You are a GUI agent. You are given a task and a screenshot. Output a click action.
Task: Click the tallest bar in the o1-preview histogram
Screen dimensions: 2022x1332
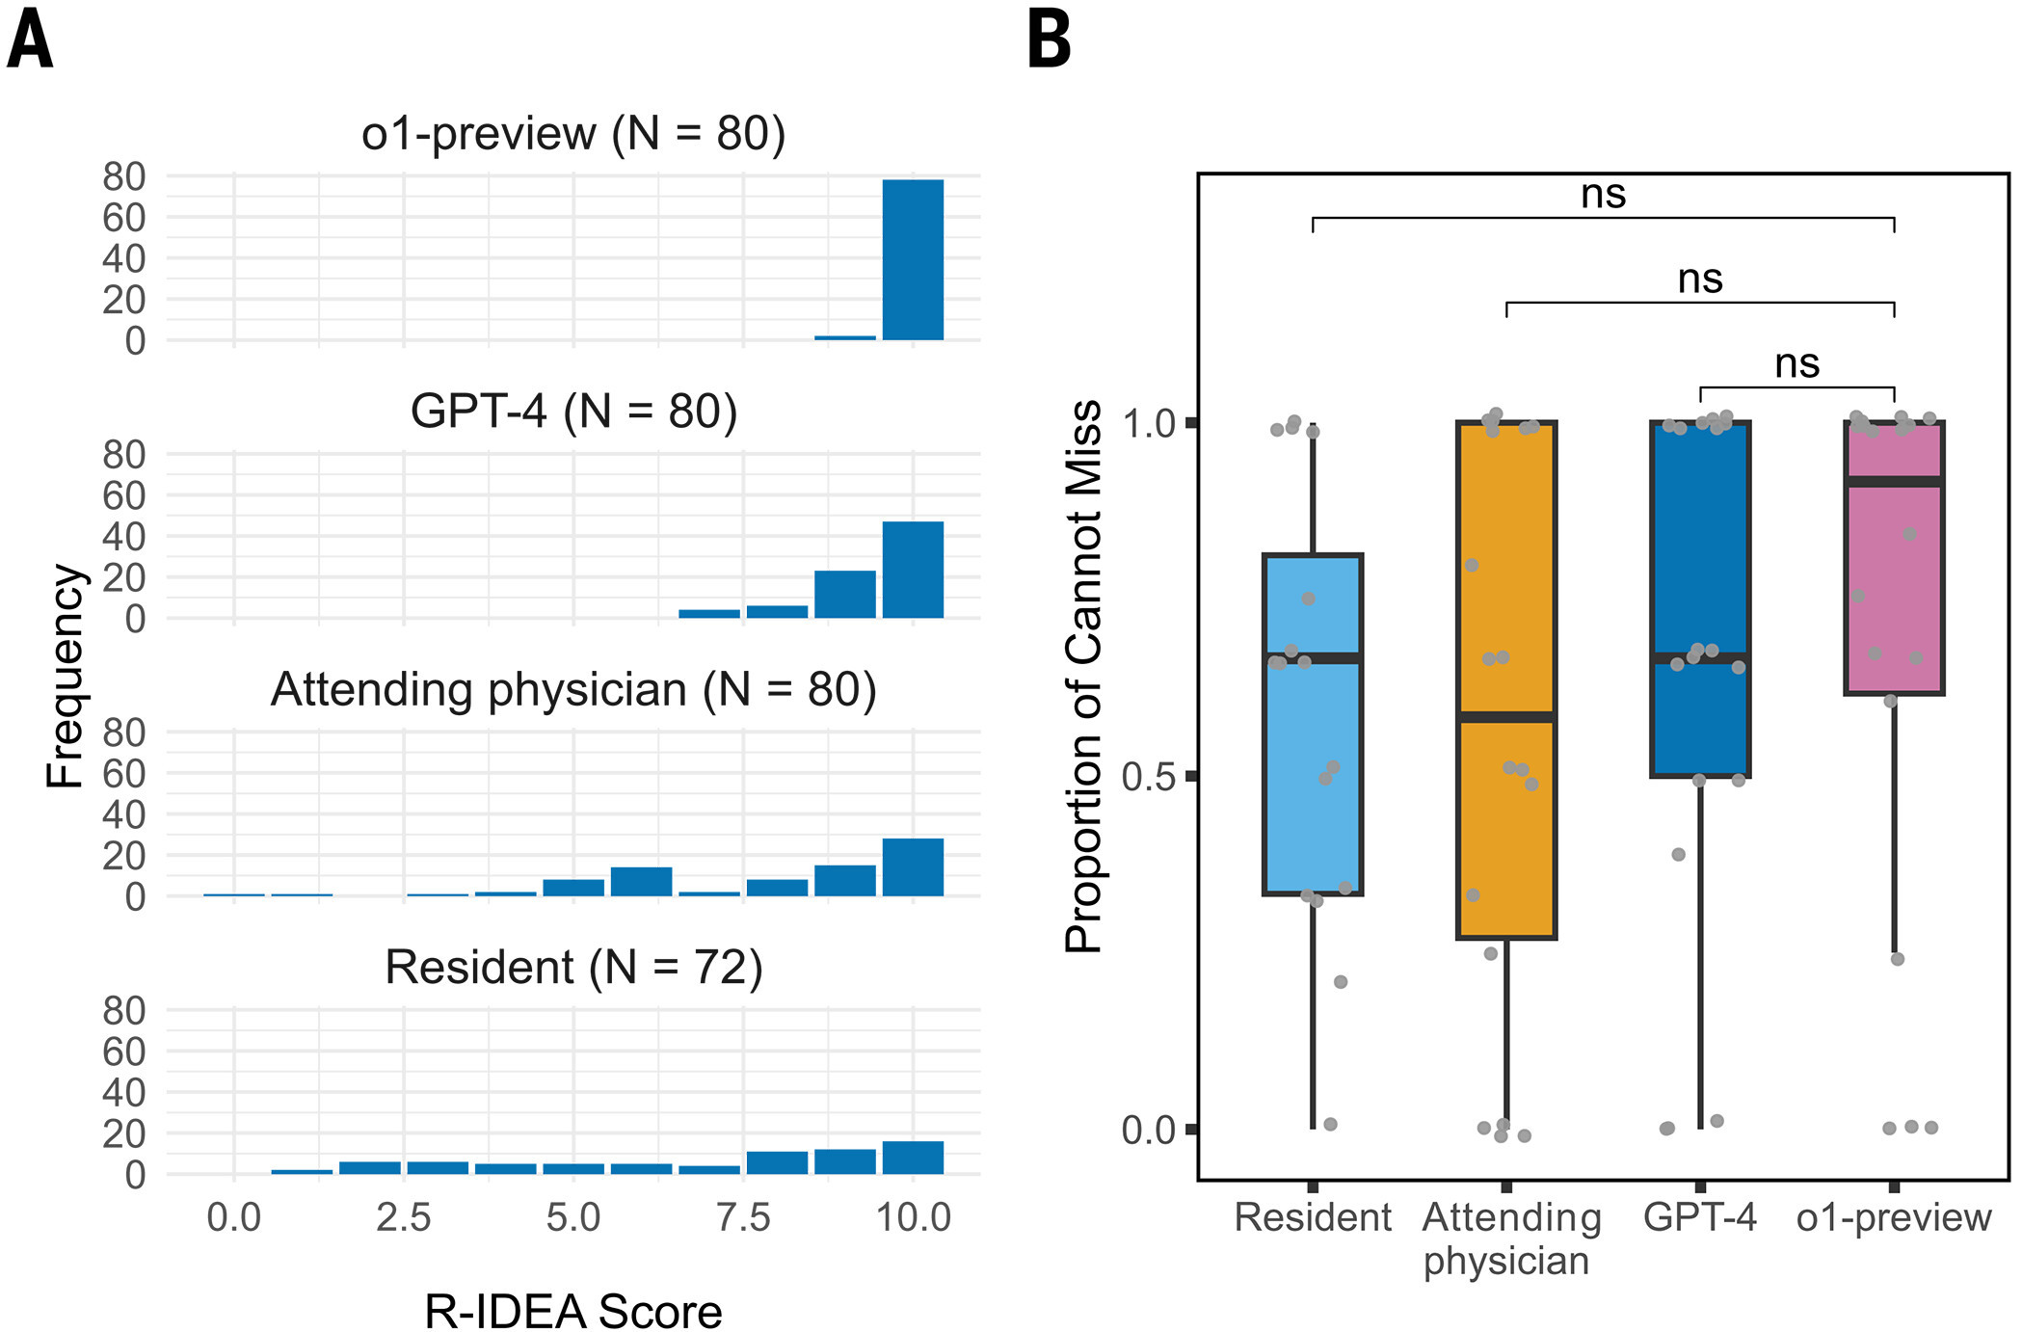click(x=913, y=259)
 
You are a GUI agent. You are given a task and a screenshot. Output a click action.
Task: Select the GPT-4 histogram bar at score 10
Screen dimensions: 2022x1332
click(x=913, y=570)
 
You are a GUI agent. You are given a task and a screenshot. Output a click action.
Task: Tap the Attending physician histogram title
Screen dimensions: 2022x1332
click(x=573, y=690)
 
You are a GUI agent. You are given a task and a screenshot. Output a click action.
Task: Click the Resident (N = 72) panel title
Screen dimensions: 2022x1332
click(x=573, y=968)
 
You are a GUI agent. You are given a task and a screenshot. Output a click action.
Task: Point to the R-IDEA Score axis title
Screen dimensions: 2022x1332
click(x=573, y=1311)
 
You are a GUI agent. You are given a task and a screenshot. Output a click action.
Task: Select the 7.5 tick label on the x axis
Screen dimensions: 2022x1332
click(x=743, y=1217)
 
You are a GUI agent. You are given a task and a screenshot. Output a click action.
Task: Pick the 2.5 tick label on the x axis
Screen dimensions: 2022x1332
click(x=404, y=1217)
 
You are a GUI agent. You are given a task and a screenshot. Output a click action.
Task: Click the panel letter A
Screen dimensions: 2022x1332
click(x=30, y=40)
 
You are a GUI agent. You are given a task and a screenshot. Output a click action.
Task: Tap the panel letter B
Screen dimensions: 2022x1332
click(x=1050, y=40)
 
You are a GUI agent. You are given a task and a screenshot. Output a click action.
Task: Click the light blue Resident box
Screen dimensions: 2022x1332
click(x=1313, y=725)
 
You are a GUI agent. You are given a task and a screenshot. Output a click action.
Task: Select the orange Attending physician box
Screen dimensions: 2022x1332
click(x=1506, y=679)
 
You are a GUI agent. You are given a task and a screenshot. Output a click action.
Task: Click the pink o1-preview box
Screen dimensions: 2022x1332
click(x=1894, y=557)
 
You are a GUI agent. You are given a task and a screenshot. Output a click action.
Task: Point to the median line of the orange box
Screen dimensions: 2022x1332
click(x=1506, y=717)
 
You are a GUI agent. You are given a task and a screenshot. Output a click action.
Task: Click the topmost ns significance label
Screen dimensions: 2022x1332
click(x=1603, y=195)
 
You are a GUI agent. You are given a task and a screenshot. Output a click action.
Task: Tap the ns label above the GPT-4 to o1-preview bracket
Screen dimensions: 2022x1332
click(x=1796, y=364)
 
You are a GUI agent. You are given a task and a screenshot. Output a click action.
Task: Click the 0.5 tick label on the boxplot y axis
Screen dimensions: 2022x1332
click(x=1152, y=776)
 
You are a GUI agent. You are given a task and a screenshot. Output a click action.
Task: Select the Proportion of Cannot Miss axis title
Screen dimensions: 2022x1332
click(x=1083, y=676)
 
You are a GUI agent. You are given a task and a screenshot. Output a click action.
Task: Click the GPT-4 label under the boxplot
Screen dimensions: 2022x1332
click(x=1700, y=1217)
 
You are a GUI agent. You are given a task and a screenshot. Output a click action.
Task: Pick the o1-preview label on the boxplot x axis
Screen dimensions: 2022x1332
click(x=1894, y=1218)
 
